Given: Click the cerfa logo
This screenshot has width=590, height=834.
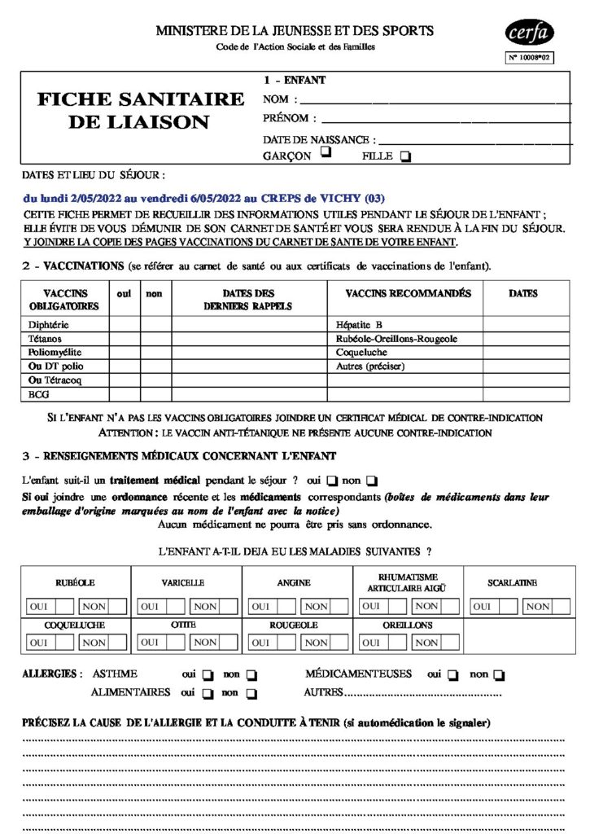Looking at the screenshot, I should point(529,34).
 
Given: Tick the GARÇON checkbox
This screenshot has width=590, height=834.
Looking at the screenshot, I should point(326,152).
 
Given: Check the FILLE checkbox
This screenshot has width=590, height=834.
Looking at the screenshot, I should point(406,156).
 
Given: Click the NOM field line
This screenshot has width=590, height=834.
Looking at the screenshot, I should point(436,102).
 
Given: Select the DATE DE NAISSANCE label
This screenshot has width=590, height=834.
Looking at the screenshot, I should point(319,139).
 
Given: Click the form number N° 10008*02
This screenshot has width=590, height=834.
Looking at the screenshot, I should point(530,58).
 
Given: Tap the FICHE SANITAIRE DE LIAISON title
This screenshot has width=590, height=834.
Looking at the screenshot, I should point(141,111).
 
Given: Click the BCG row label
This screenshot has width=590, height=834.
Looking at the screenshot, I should point(38,393).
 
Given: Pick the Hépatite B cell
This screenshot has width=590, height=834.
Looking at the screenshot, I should point(359,324).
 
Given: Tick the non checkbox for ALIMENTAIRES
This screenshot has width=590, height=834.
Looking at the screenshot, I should point(251,694).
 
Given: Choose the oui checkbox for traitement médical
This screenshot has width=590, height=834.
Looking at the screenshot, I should point(332,481).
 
